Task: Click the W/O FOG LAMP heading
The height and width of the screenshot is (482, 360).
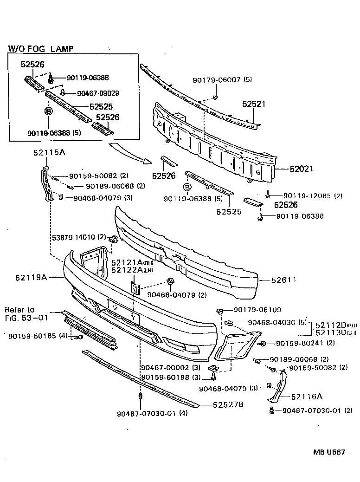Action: tap(41, 48)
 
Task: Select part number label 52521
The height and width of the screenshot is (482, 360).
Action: tap(253, 104)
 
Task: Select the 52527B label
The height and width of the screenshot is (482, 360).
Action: tap(228, 405)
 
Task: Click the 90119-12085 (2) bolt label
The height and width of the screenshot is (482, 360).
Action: tap(312, 196)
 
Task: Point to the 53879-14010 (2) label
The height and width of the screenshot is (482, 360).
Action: tap(78, 237)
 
